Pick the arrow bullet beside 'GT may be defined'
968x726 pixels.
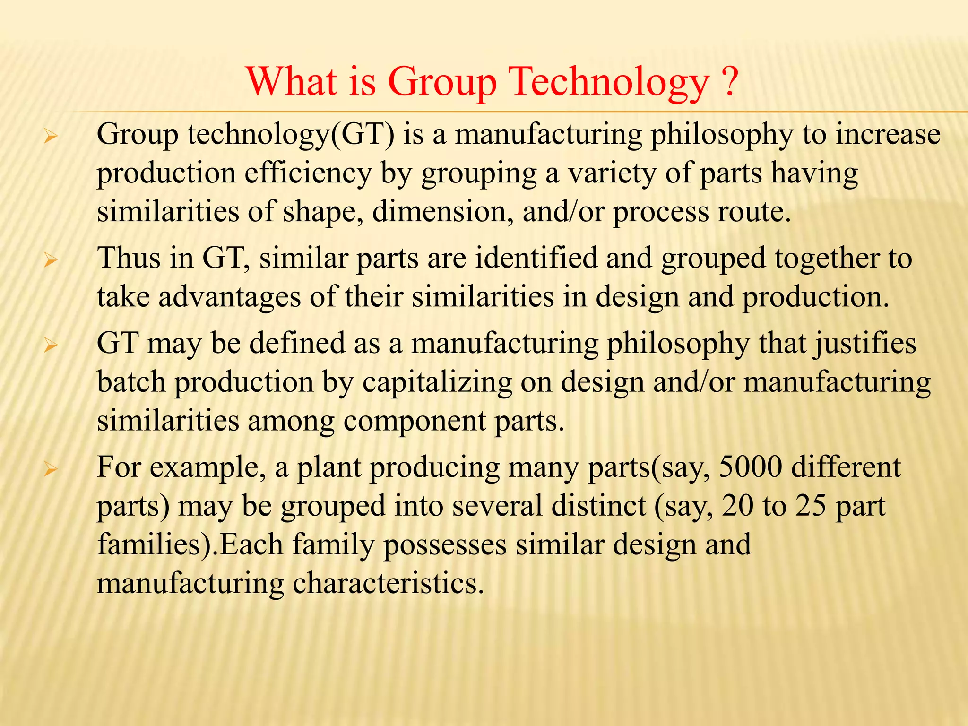coord(50,346)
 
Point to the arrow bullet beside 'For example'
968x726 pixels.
coord(50,470)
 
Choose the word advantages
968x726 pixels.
coord(230,297)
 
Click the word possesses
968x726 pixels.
coord(445,544)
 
